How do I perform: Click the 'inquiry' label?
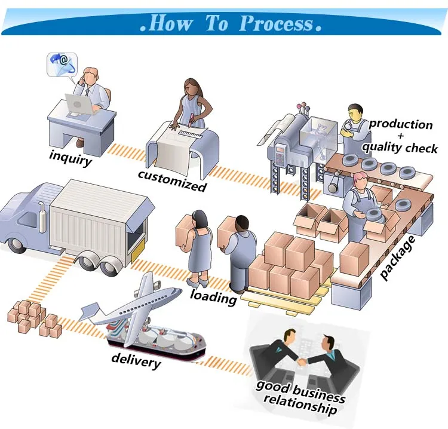(x=70, y=158)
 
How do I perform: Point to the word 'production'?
(x=400, y=124)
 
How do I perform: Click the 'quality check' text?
(x=400, y=147)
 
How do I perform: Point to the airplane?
(x=142, y=305)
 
